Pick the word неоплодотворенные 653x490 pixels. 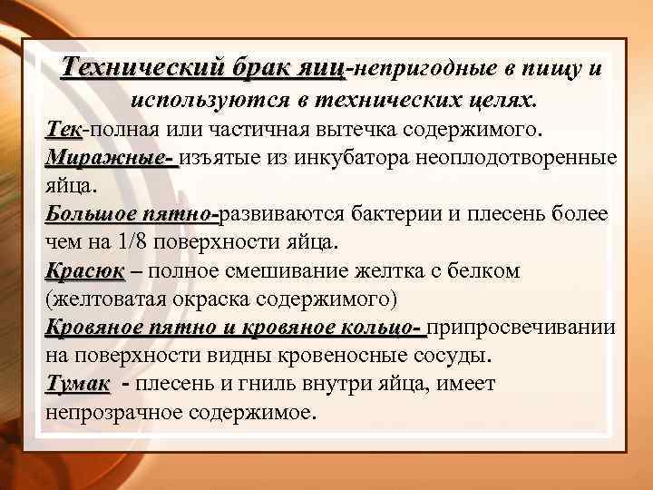(x=518, y=157)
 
